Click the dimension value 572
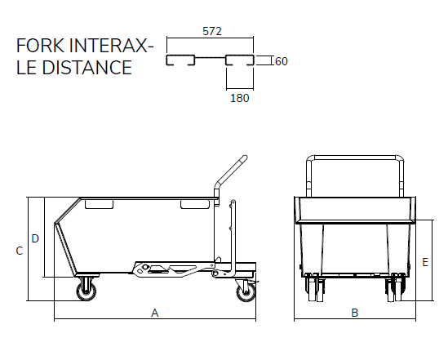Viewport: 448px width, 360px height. (x=212, y=31)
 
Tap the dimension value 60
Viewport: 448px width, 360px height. (x=282, y=61)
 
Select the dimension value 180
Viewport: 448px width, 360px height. (x=240, y=98)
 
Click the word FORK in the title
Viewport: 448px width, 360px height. (x=40, y=46)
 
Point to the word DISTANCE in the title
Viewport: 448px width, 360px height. (x=86, y=68)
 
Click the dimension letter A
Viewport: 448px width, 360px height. (x=154, y=313)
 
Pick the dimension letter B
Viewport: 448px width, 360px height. (x=355, y=313)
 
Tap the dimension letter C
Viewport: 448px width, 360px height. (x=20, y=251)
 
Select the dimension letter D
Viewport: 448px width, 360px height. (x=35, y=238)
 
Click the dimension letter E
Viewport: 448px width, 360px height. (x=425, y=262)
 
